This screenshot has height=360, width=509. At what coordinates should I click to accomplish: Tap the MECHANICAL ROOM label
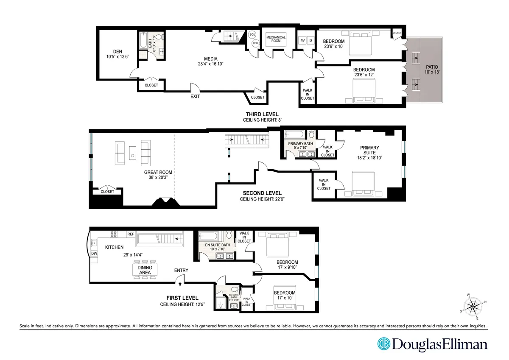pyautogui.click(x=276, y=39)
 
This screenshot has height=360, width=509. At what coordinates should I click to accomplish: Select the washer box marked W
pyautogui.click(x=303, y=41)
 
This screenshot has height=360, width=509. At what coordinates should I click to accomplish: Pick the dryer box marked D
pyautogui.click(x=310, y=41)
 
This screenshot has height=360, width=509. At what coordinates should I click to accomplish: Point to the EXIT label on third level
pyautogui.click(x=195, y=96)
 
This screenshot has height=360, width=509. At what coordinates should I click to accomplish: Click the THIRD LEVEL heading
pyautogui.click(x=262, y=114)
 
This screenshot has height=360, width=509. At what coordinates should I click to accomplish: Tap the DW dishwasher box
pyautogui.click(x=94, y=254)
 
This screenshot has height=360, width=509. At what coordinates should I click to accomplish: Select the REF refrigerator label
pyautogui.click(x=131, y=234)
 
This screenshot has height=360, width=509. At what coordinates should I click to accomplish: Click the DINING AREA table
pyautogui.click(x=145, y=270)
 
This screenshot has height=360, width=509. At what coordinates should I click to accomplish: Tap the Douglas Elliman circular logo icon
pyautogui.click(x=383, y=343)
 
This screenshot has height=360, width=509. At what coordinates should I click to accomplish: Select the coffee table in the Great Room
pyautogui.click(x=133, y=153)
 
